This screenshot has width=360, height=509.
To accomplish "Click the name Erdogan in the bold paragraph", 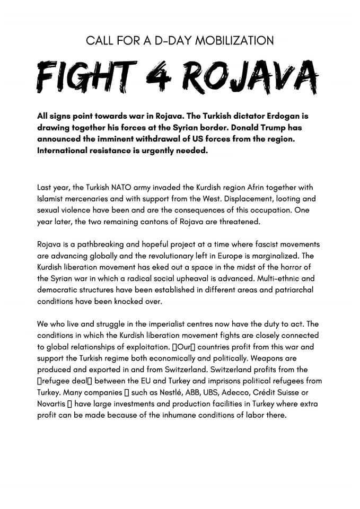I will pos(279,116).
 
